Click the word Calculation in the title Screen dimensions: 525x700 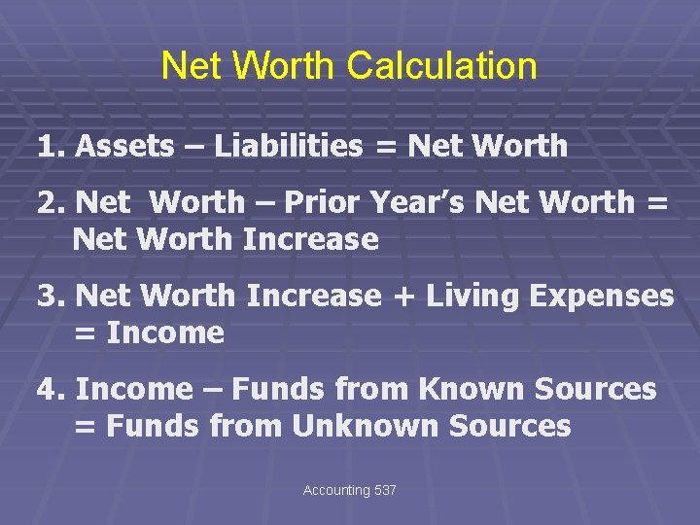point(441,66)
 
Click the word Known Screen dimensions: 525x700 point(472,389)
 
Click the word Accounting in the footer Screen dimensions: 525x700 point(336,491)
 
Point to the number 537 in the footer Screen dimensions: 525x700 point(385,491)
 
